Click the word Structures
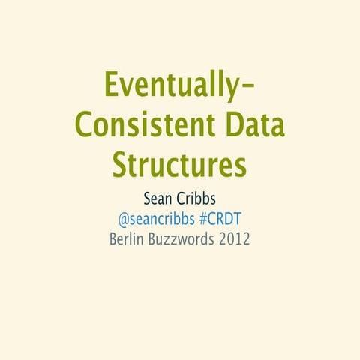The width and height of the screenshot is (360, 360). [180, 163]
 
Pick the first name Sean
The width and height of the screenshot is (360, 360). [158, 201]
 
